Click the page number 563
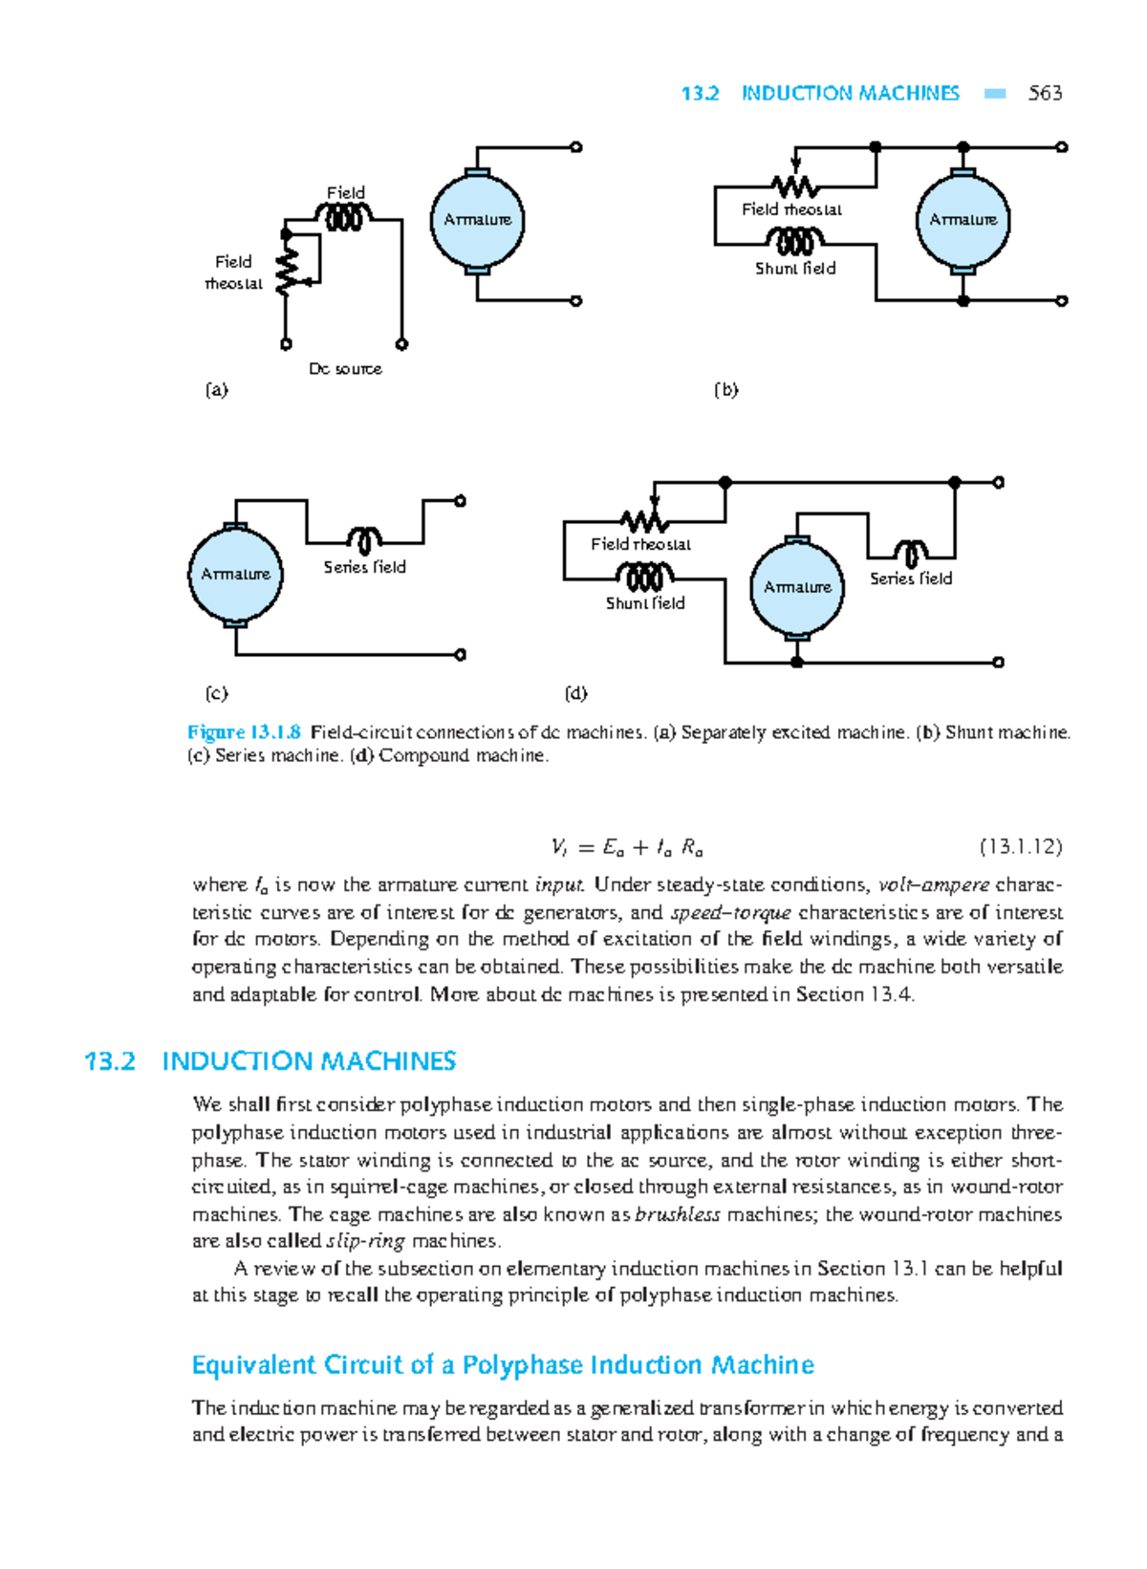pos(1045,93)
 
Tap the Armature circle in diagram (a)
pos(477,221)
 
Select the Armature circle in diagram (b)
pos(963,221)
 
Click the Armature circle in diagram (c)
pos(235,574)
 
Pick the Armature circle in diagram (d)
pos(797,587)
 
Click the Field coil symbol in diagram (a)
pos(345,219)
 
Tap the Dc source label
pos(345,368)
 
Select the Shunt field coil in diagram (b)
pos(795,240)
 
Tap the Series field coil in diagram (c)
pos(364,540)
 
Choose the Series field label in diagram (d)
pos(910,578)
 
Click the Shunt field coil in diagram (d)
pos(644,576)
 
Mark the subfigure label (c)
pos(217,692)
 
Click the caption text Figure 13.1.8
pos(245,732)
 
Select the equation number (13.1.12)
pos(1020,847)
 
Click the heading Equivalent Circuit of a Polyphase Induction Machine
pos(503,1364)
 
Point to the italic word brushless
pos(677,1214)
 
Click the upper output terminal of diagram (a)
pos(576,147)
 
